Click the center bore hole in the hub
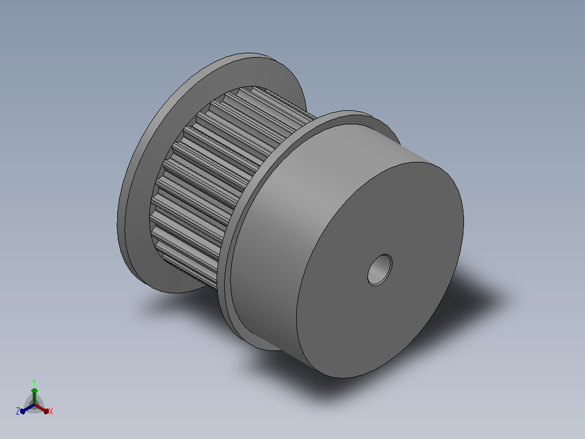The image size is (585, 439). coord(380,269)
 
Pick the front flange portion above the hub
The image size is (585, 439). coord(358,119)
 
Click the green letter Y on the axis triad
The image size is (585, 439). coord(34,382)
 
